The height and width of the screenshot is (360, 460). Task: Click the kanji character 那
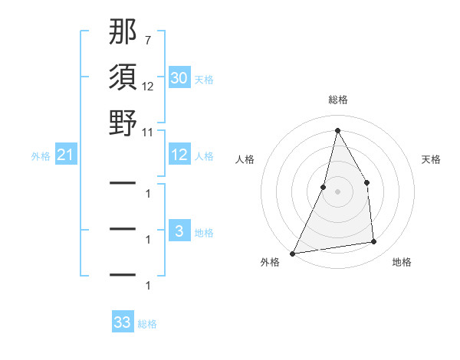(123, 33)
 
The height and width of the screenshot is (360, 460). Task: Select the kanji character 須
(123, 77)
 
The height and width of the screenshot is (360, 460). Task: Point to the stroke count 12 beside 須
(147, 86)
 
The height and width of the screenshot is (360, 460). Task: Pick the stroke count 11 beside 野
(147, 132)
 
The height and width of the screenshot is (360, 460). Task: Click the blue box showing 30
(179, 78)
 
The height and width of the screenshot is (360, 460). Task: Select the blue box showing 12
(179, 155)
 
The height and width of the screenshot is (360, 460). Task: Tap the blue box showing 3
(179, 231)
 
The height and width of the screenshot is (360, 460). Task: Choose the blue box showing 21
(66, 156)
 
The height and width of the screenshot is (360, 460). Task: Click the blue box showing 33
(122, 322)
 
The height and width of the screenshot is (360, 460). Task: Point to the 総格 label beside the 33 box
(147, 324)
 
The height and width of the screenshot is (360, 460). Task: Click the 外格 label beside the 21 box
(41, 156)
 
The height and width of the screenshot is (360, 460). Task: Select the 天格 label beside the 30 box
(204, 80)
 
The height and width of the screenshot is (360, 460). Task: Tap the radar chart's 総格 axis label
(337, 100)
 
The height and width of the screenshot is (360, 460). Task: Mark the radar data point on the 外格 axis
(293, 254)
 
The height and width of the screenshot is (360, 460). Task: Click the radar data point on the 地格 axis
(374, 242)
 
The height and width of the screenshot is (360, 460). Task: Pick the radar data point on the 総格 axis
(337, 129)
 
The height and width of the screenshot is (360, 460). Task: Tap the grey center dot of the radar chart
(337, 191)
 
